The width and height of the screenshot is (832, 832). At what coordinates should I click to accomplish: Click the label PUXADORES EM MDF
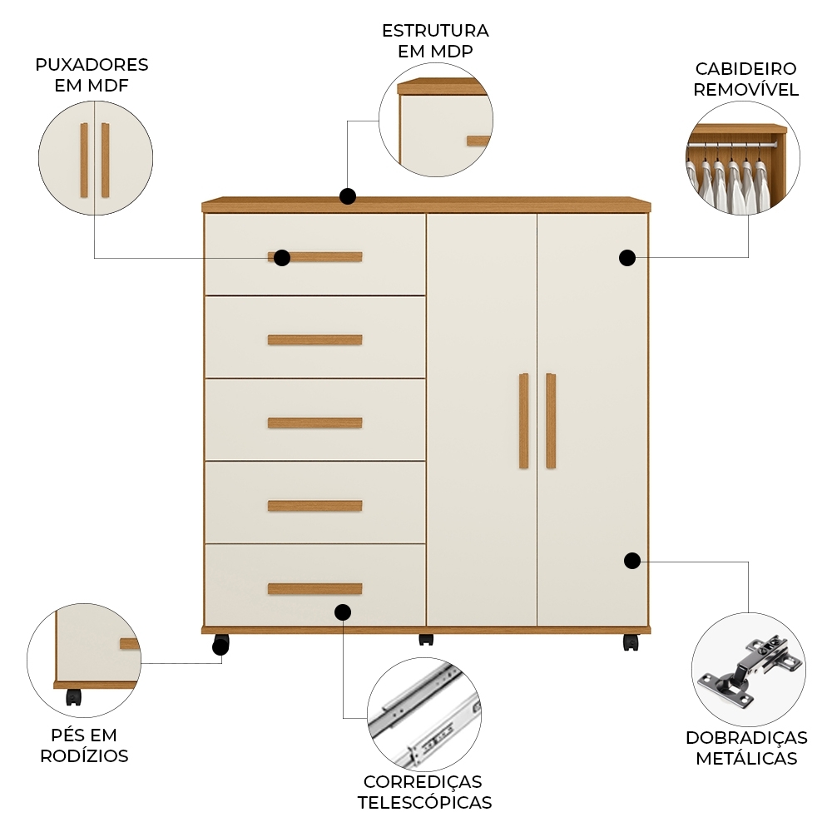(x=92, y=75)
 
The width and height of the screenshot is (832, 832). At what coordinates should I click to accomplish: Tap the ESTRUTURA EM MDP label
(x=435, y=41)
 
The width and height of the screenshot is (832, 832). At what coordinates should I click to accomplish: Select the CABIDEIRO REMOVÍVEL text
(x=746, y=79)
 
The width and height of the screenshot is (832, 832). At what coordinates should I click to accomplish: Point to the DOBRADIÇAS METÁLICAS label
(x=746, y=748)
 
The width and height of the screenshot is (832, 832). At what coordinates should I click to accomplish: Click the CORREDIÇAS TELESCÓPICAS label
(x=424, y=792)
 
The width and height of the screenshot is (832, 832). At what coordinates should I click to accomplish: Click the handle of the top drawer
(x=324, y=256)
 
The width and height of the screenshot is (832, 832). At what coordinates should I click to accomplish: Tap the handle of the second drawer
(x=314, y=339)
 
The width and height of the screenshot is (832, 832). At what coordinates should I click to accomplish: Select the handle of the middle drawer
(x=314, y=423)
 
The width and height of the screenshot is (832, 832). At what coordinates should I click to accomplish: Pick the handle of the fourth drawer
(x=314, y=506)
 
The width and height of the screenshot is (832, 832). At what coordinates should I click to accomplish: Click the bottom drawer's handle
(x=314, y=589)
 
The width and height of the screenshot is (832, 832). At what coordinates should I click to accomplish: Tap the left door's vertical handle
(x=523, y=421)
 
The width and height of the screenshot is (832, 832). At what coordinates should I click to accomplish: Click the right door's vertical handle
(x=551, y=421)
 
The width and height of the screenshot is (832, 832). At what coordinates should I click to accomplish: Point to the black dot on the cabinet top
(x=348, y=196)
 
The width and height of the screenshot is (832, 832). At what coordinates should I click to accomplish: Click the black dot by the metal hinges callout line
(x=632, y=560)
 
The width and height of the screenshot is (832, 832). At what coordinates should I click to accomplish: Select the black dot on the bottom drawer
(x=343, y=612)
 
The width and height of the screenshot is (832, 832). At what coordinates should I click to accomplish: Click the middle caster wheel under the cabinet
(x=426, y=640)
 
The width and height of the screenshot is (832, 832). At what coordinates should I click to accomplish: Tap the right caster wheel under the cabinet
(x=631, y=642)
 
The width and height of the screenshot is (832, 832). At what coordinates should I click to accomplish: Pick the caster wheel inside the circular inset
(x=74, y=697)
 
